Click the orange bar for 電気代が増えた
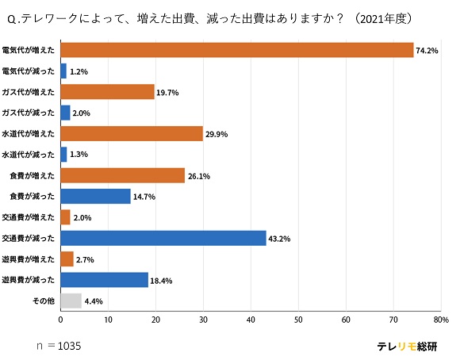(x=237, y=50)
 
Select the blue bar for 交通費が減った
(x=163, y=238)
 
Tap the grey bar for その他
(x=71, y=301)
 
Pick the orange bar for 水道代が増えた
(x=132, y=134)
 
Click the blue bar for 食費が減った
(x=95, y=196)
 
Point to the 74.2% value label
(x=427, y=51)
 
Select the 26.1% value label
(x=198, y=176)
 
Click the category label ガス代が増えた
(x=29, y=92)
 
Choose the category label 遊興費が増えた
(x=29, y=259)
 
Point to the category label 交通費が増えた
(x=29, y=217)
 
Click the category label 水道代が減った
(x=29, y=155)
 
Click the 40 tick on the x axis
(x=251, y=320)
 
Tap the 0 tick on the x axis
(x=61, y=320)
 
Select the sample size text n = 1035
(x=59, y=347)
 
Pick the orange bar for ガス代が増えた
(x=107, y=92)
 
